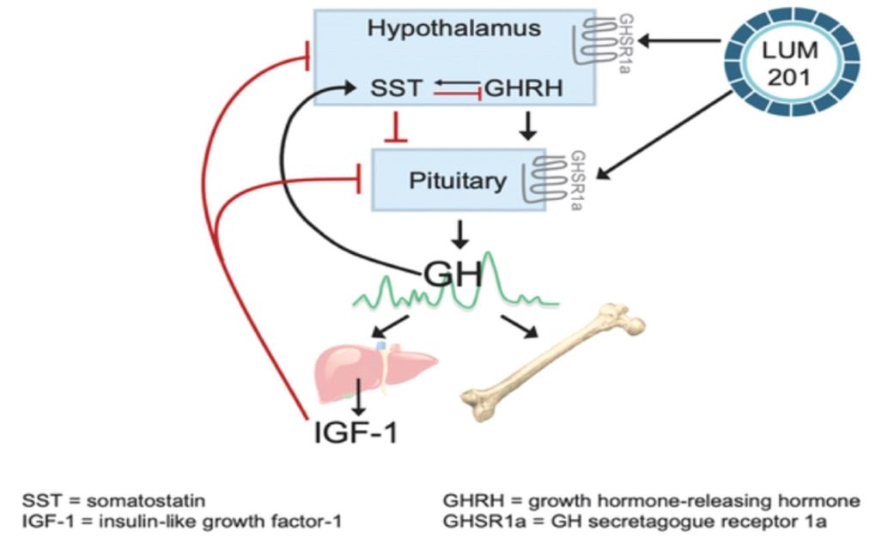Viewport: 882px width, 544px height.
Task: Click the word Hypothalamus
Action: tap(454, 27)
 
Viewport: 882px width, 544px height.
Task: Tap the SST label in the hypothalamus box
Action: tap(396, 88)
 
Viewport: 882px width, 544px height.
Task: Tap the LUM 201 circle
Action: tap(794, 63)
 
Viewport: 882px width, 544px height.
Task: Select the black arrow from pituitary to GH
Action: tap(461, 233)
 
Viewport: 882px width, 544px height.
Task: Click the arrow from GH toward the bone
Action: tap(518, 326)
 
